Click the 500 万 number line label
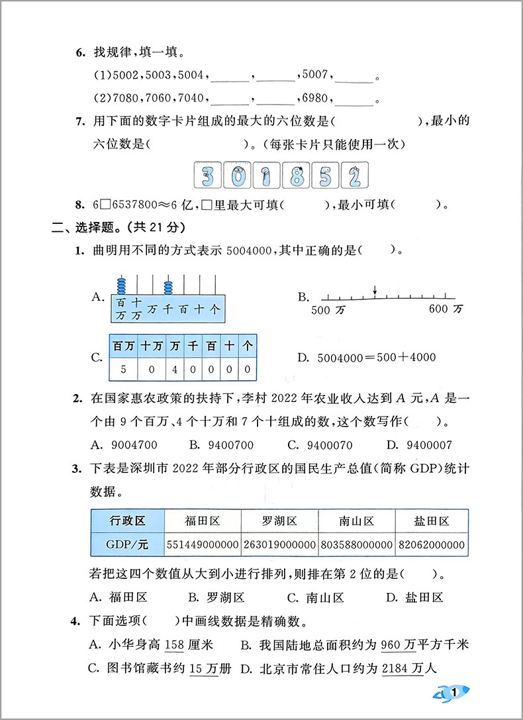pos(327,309)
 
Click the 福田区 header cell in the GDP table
pos(203,521)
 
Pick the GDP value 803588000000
pos(356,544)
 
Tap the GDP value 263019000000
pos(279,544)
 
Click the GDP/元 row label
pos(127,544)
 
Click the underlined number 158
pos(173,644)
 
